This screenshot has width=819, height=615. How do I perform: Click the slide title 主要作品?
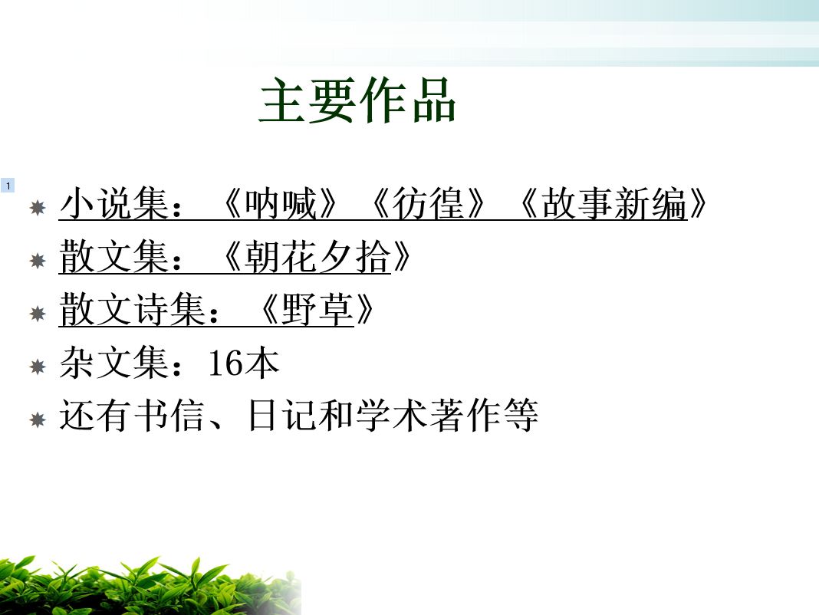pyautogui.click(x=358, y=100)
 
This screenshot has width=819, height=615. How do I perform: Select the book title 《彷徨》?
pyautogui.click(x=429, y=203)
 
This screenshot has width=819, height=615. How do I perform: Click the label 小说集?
pyautogui.click(x=114, y=203)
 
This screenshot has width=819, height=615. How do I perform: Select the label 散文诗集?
pyautogui.click(x=133, y=309)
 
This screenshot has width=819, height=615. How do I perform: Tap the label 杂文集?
pyautogui.click(x=114, y=363)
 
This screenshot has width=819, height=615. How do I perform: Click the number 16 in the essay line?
pyautogui.click(x=225, y=363)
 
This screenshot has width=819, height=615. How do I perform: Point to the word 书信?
pyautogui.click(x=169, y=416)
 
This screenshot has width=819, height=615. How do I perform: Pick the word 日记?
pyautogui.click(x=282, y=416)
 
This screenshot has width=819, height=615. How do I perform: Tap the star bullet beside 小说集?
pyautogui.click(x=38, y=208)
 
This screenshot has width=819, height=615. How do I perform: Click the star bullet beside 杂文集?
pyautogui.click(x=38, y=367)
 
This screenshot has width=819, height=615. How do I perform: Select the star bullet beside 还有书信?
pyautogui.click(x=38, y=419)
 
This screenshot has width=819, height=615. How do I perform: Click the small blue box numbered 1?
pyautogui.click(x=8, y=186)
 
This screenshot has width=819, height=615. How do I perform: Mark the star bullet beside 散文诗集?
pyautogui.click(x=38, y=314)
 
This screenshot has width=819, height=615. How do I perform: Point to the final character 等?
pyautogui.click(x=521, y=416)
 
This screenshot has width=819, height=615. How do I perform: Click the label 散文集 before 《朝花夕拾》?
pyautogui.click(x=114, y=257)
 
